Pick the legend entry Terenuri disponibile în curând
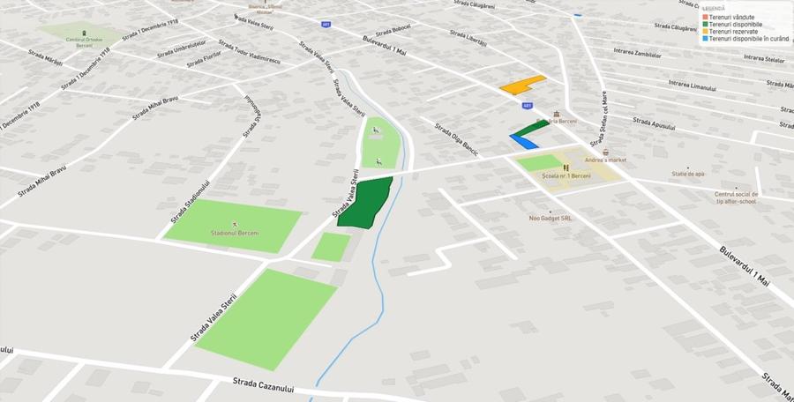pyautogui.click(x=745, y=39)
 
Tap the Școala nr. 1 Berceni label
pyautogui.click(x=566, y=176)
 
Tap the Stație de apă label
pyautogui.click(x=688, y=174)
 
